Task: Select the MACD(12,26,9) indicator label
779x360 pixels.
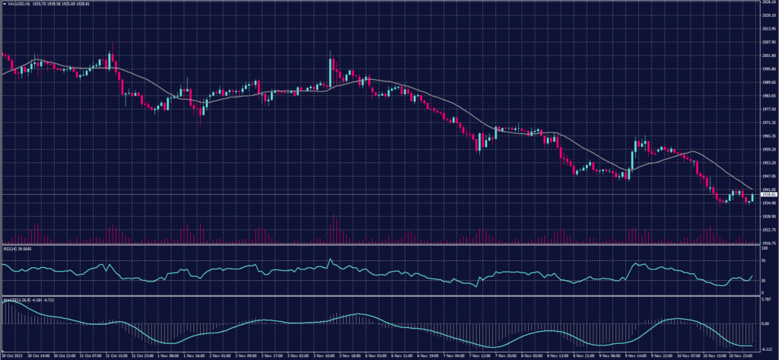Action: pyautogui.click(x=13, y=299)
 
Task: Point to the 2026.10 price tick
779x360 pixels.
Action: pyautogui.click(x=768, y=3)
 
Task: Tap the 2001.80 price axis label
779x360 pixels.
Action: pyautogui.click(x=768, y=56)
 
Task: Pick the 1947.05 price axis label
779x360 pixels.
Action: pyautogui.click(x=768, y=176)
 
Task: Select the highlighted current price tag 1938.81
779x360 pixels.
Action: pyautogui.click(x=768, y=195)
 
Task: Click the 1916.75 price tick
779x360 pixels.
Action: pyautogui.click(x=768, y=243)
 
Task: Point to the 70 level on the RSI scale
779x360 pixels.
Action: pyautogui.click(x=763, y=260)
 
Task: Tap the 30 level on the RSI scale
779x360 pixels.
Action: pyautogui.click(x=763, y=281)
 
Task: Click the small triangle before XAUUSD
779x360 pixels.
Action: pyautogui.click(x=5, y=4)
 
